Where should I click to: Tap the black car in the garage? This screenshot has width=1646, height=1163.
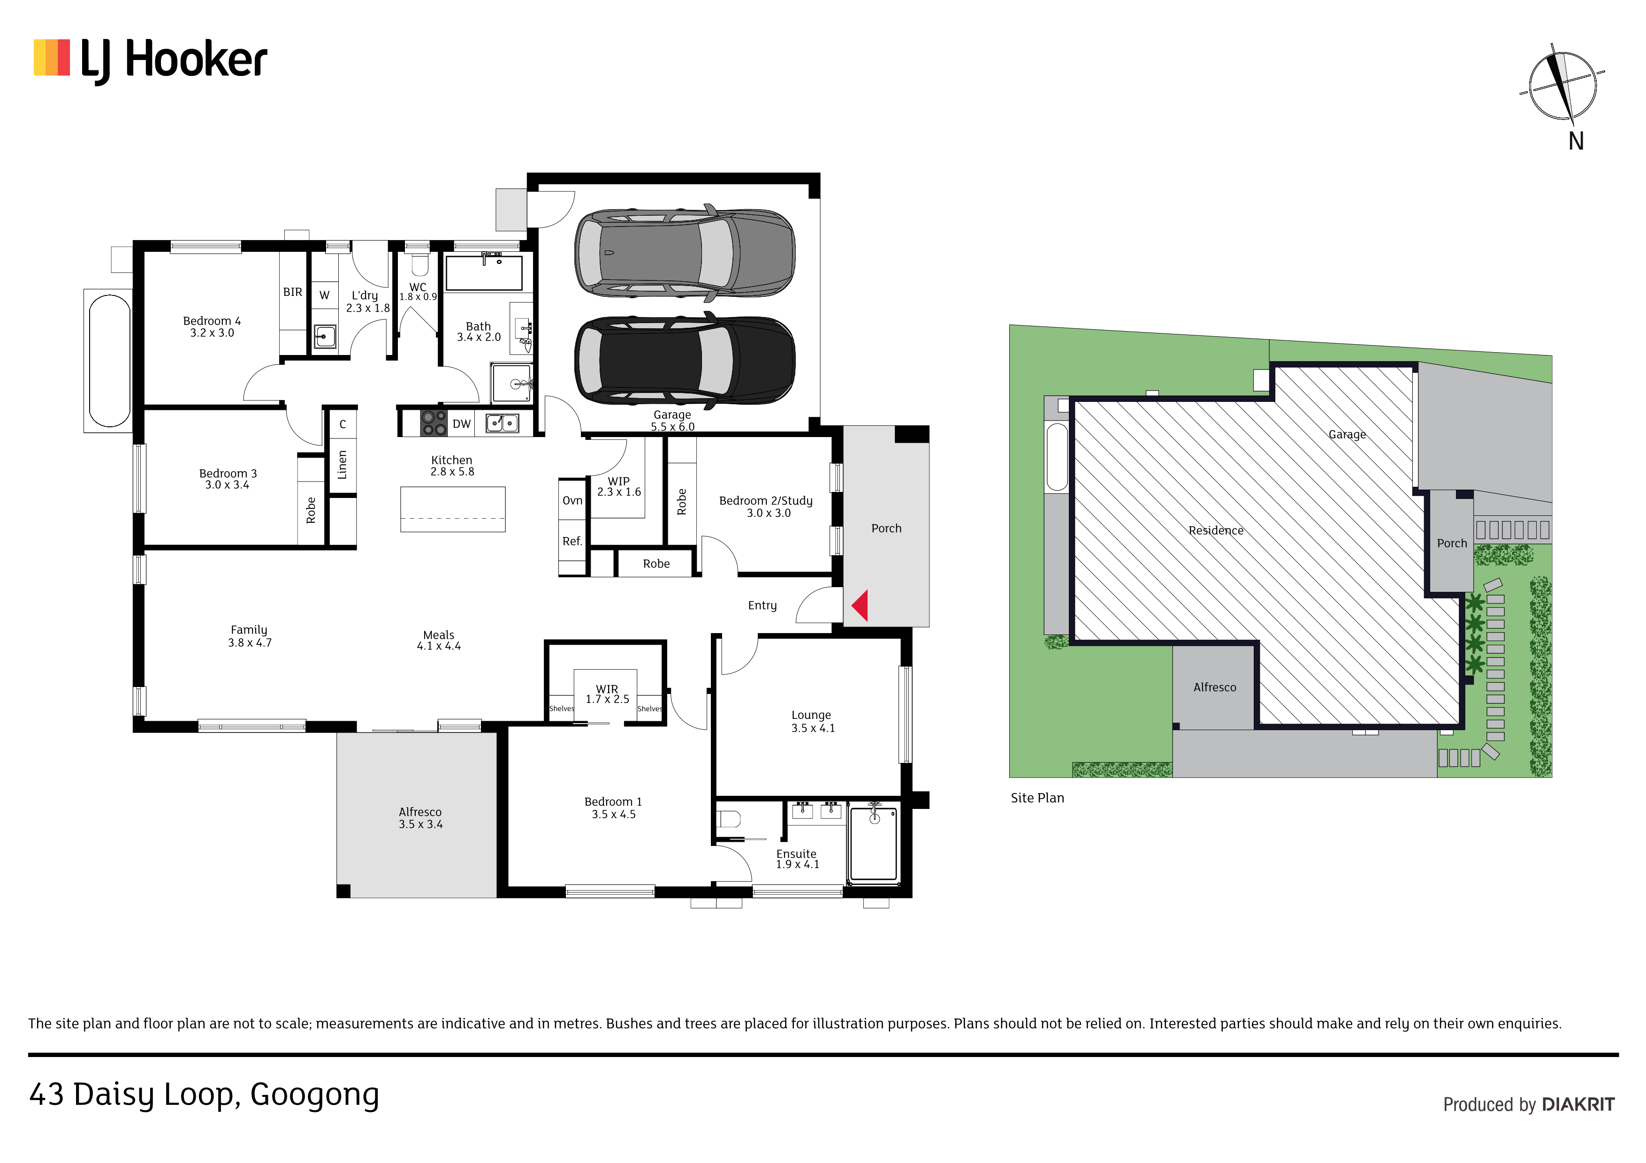(685, 361)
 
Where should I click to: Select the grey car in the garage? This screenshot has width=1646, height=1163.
(685, 253)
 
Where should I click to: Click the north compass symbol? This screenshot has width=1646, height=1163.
(1563, 86)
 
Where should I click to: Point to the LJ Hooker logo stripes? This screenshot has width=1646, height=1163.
(52, 57)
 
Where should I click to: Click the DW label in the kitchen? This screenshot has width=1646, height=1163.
(462, 424)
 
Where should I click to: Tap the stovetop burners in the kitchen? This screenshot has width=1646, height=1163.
(433, 423)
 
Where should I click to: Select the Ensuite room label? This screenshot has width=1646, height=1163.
(796, 854)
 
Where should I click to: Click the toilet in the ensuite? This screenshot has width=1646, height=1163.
(729, 818)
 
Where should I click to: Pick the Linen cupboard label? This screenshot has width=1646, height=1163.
(343, 464)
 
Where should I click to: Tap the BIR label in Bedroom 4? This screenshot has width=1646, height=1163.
(292, 292)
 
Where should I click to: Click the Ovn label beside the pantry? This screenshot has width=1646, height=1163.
(572, 501)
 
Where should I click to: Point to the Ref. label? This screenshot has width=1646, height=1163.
(572, 541)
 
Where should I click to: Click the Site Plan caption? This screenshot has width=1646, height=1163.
(1037, 798)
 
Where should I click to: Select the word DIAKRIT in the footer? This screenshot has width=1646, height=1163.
(1578, 1104)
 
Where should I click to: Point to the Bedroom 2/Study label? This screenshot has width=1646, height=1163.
(766, 501)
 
